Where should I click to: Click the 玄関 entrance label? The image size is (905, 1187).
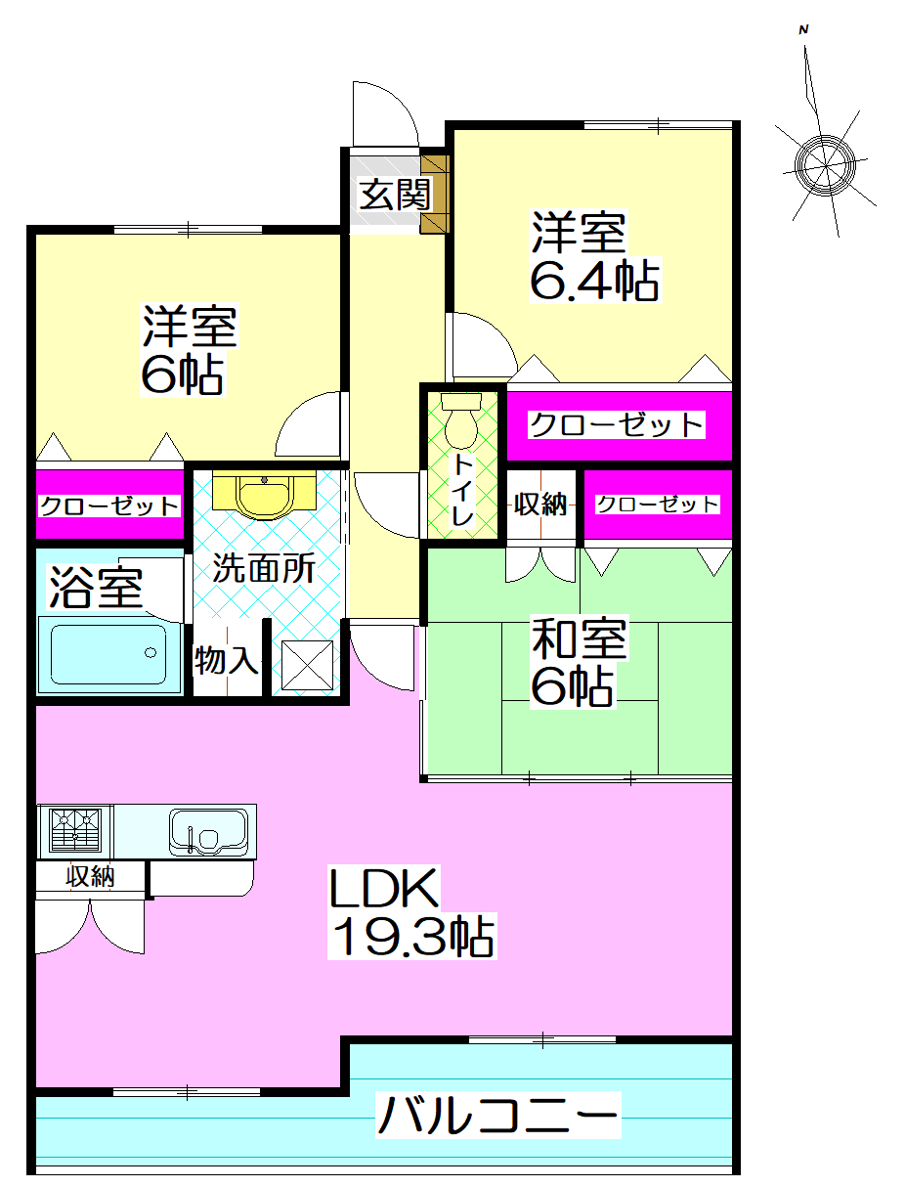click(394, 195)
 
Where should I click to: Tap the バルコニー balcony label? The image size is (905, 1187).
click(498, 1116)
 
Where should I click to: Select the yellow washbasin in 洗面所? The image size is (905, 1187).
click(263, 495)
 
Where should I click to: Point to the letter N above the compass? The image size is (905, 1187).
click(803, 30)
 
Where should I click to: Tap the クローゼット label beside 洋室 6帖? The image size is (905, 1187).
click(109, 506)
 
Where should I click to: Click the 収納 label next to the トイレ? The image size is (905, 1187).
click(541, 505)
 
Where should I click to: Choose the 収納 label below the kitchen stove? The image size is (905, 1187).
click(90, 876)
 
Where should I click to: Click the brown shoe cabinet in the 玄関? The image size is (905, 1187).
click(434, 192)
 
